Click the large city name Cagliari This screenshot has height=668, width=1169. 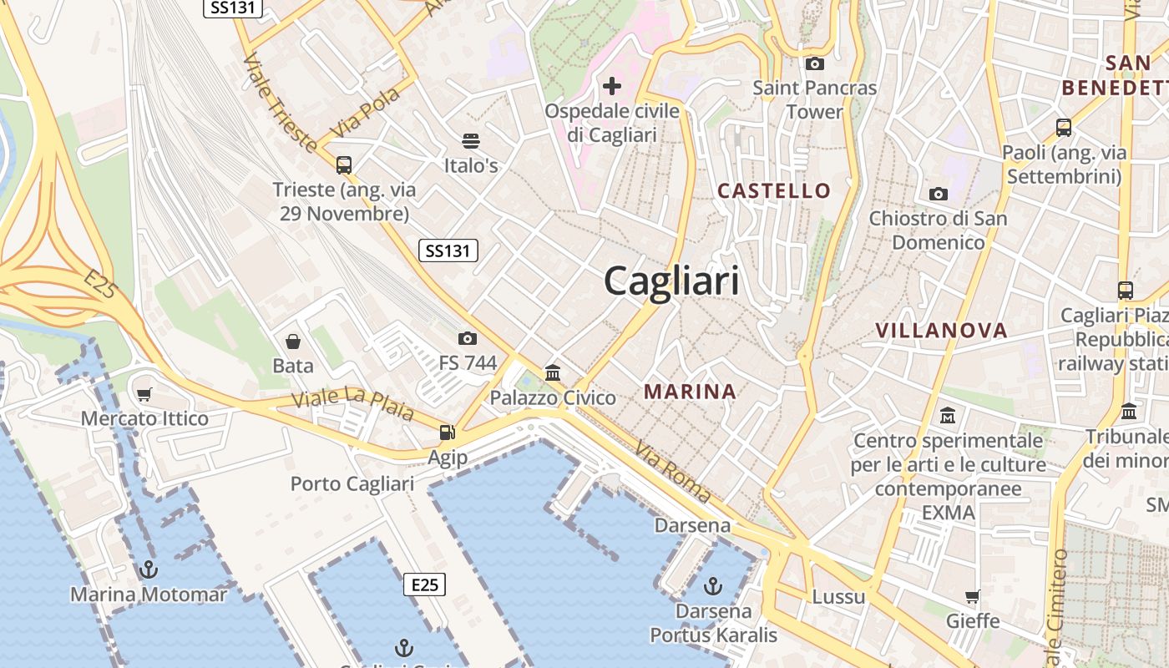coord(671,281)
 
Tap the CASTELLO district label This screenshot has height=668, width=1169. coord(774,190)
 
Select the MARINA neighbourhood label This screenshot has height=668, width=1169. coord(690,391)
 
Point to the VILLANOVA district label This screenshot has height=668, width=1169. coord(941,330)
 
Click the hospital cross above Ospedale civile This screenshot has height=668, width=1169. coord(612,85)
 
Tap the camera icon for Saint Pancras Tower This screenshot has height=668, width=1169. coord(814,63)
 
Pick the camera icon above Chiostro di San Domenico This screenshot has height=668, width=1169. coord(939,194)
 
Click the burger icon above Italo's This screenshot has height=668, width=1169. coord(471,141)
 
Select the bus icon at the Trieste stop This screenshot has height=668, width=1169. coord(344,164)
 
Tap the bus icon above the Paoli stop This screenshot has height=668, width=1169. coord(1064,128)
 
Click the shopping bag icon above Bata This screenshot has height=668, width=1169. coord(293,341)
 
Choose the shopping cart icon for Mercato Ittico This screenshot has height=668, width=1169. coord(144,393)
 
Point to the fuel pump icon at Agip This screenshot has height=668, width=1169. coord(448,432)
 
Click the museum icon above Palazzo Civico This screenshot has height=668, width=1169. coord(553,372)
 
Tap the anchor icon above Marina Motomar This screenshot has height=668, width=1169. coord(149,569)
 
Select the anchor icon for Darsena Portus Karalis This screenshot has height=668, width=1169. coord(713,585)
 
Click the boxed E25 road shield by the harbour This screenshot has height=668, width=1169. coord(424,584)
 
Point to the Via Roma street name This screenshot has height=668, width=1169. coord(672,471)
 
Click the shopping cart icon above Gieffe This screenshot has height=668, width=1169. coord(972,596)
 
